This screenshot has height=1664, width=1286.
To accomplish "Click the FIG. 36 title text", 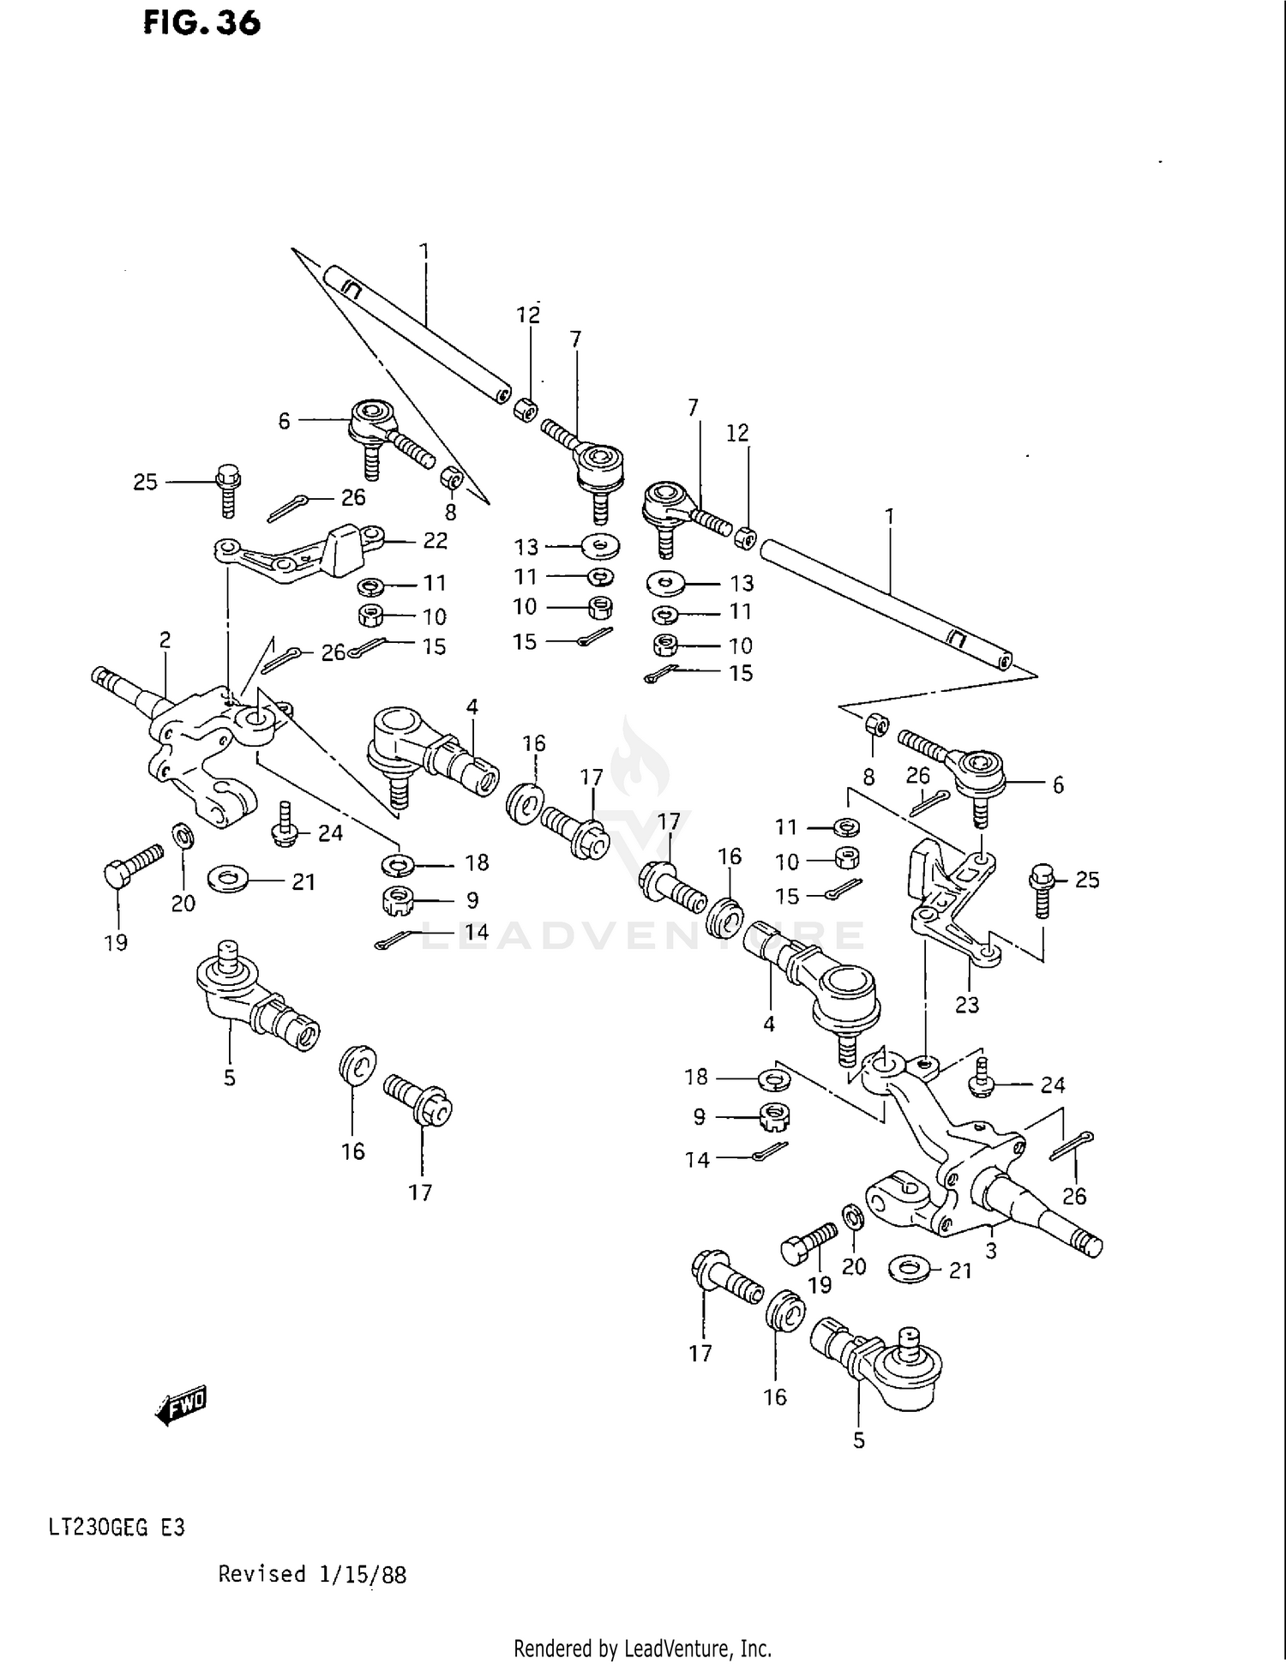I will click(x=201, y=23).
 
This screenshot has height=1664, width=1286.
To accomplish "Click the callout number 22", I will click(x=436, y=540).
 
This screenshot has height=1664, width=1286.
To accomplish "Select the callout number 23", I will click(x=967, y=1004).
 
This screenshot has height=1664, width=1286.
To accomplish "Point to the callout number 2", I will click(x=165, y=640).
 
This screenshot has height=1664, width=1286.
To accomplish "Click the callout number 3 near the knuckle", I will click(x=991, y=1251).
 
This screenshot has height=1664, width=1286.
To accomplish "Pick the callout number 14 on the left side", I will click(x=477, y=932).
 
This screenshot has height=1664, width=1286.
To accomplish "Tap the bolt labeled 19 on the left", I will click(x=133, y=865).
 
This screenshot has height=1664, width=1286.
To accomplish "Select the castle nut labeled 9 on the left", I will click(x=398, y=900).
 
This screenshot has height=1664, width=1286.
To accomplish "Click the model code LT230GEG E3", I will click(x=117, y=1528).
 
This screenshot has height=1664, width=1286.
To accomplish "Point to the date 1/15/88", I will click(x=362, y=1575).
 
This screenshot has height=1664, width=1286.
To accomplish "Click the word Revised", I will click(x=261, y=1575).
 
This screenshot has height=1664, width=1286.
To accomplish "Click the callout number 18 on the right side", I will click(x=696, y=1077).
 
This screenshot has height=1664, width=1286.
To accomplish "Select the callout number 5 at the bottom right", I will click(x=859, y=1441).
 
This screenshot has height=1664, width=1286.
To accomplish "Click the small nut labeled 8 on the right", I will click(x=876, y=726).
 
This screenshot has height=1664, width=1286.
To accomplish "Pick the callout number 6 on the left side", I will click(x=285, y=421).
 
